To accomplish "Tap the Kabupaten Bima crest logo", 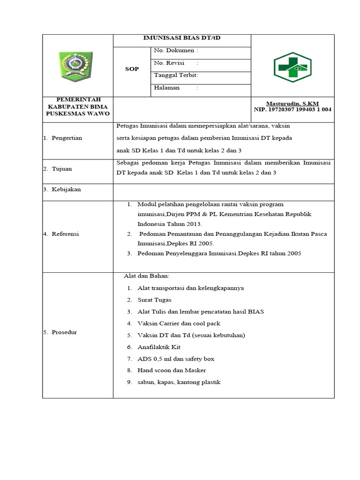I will (x=75, y=66).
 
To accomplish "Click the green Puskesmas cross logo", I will (x=292, y=67).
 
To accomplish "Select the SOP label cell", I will (x=132, y=69).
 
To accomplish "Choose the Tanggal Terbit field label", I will (x=176, y=75).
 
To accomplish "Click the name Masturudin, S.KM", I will (x=292, y=103).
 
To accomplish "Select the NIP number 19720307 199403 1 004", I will (x=292, y=109).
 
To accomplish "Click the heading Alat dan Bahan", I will (x=147, y=276).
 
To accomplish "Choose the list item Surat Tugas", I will (x=154, y=300).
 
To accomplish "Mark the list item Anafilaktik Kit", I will (x=159, y=347).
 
